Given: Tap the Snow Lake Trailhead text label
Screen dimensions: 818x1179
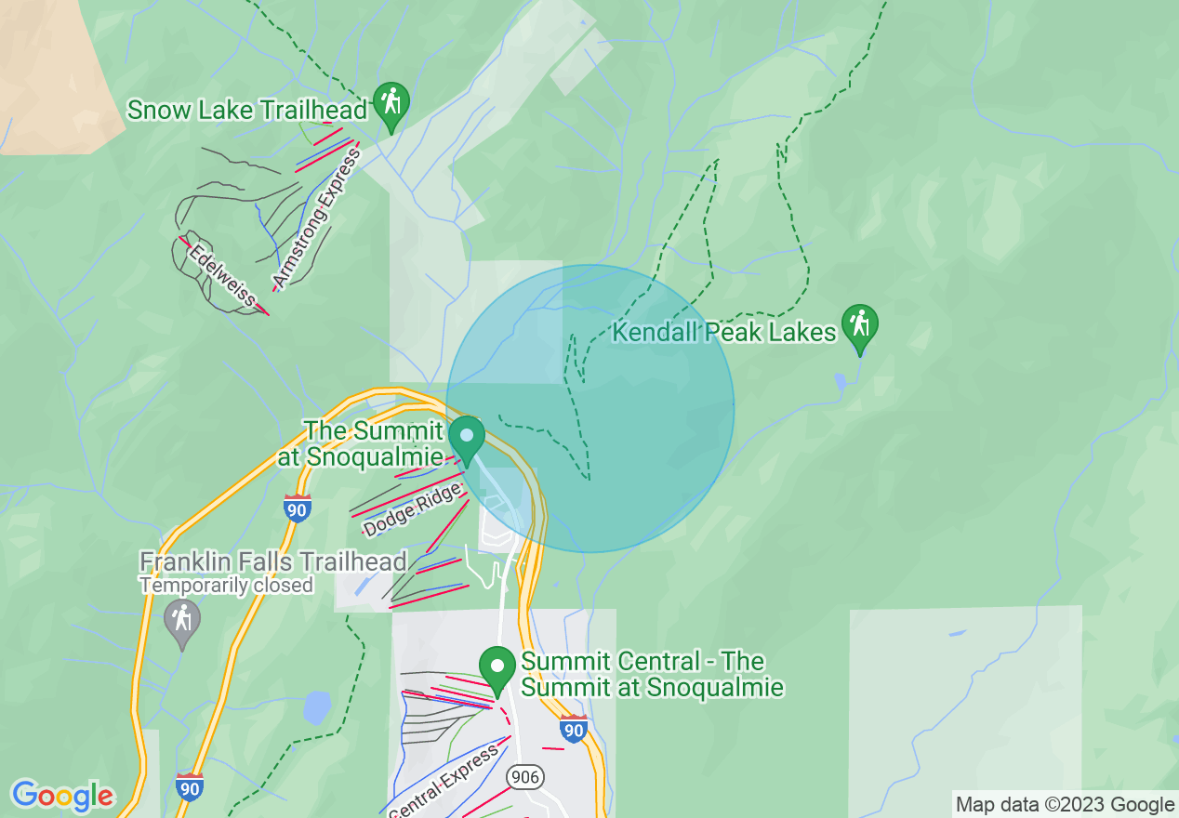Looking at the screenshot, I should [x=247, y=110].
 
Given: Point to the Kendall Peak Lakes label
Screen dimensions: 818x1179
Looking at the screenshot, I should [x=724, y=332].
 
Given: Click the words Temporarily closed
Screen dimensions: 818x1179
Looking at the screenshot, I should [x=227, y=586].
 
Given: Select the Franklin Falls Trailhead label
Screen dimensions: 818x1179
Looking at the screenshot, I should [x=273, y=561].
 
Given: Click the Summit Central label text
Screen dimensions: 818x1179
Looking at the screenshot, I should [x=651, y=675].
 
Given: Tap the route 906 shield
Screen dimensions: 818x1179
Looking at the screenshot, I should [x=524, y=776].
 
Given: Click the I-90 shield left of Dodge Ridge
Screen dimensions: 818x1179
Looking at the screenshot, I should [x=297, y=508].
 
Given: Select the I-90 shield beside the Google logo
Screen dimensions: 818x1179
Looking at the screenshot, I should [x=190, y=785].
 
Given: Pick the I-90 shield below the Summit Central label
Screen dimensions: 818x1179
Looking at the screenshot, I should [x=575, y=729].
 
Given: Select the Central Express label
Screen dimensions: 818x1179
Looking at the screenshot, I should [x=444, y=783].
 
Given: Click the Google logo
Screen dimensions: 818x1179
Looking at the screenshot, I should [x=62, y=796].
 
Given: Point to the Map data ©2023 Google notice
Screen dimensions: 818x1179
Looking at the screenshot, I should [x=1066, y=805].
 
